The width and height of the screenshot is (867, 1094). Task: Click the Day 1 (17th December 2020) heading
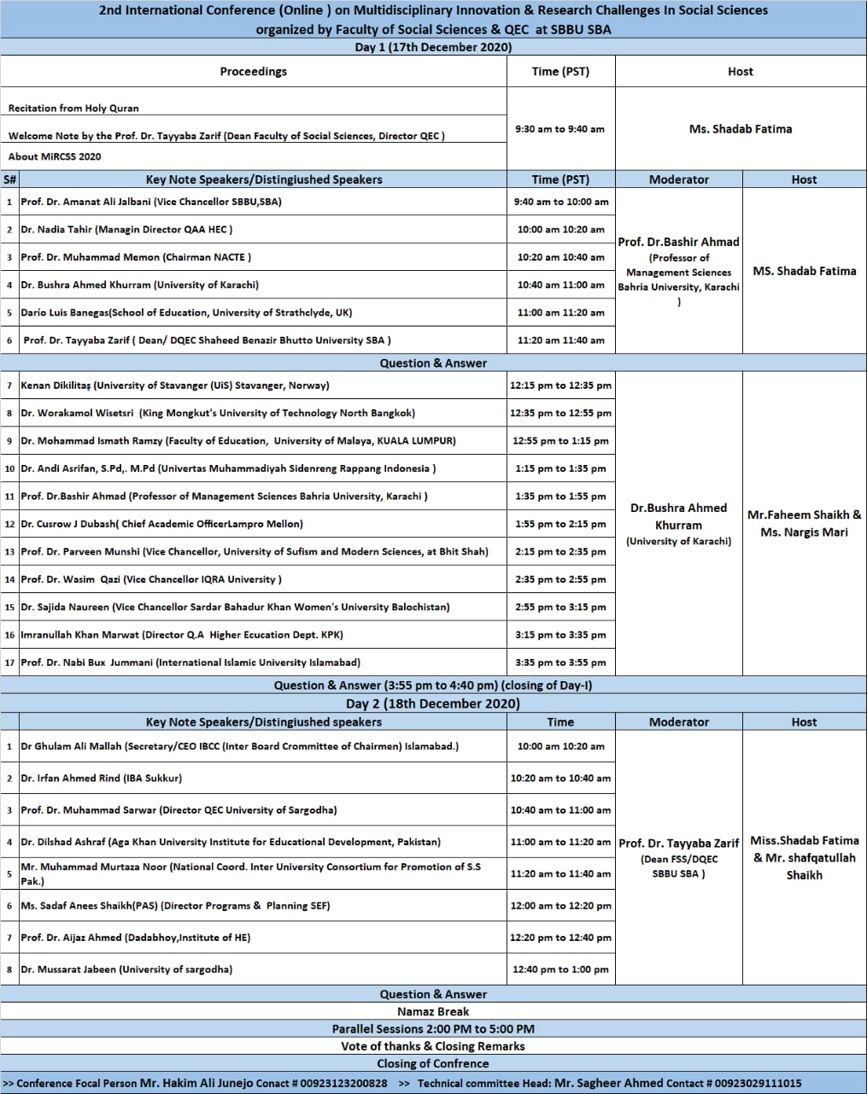point(433,47)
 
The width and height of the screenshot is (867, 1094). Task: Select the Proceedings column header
point(253,72)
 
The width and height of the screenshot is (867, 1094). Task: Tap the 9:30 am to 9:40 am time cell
point(560,129)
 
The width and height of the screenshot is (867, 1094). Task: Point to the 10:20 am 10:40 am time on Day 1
point(560,257)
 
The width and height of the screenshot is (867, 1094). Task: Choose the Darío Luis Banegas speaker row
point(186,313)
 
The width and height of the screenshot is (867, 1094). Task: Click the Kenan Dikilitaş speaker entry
point(174,385)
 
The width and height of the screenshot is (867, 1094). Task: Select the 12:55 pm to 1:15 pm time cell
point(560,441)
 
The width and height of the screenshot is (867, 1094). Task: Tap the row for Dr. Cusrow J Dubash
point(161,524)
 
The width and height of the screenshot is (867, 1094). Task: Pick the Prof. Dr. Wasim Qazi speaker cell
point(150,579)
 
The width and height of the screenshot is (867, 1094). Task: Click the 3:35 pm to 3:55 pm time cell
point(560,662)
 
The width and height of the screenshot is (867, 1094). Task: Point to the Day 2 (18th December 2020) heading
point(433,703)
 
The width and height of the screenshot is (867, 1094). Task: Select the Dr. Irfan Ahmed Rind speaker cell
point(101,778)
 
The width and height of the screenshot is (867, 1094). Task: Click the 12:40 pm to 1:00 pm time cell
point(560,969)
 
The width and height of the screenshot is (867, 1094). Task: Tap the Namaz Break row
point(433,1011)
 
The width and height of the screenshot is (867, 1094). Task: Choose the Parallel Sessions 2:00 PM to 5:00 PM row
point(433,1029)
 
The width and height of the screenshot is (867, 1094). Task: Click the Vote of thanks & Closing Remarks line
point(433,1046)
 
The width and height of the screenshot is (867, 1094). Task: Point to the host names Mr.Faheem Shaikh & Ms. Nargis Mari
point(804,523)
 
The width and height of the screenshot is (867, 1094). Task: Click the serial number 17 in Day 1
point(9,662)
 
